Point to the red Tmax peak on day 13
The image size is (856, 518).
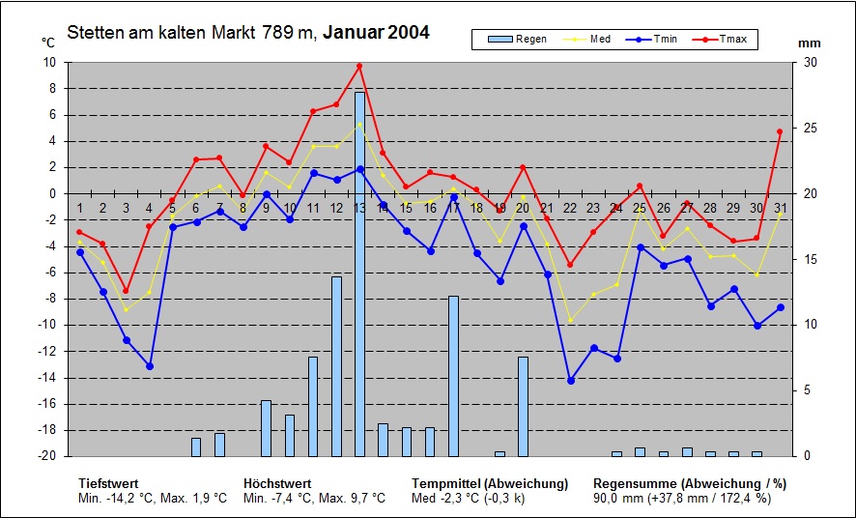coord(359,66)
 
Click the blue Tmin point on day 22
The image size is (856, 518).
coord(570,381)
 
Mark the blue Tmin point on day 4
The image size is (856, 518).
coord(150,366)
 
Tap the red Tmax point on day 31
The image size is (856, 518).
coord(780,131)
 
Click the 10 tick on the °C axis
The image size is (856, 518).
coord(50,62)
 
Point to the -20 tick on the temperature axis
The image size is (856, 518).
coord(48,456)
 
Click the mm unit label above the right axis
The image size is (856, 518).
coord(809,43)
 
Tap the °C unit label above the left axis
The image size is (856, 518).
coord(48,43)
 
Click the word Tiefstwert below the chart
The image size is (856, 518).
coord(108,483)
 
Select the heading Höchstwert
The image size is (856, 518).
coord(276,483)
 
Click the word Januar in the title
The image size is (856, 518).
coord(353,32)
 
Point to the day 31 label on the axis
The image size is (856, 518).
coord(780,208)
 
